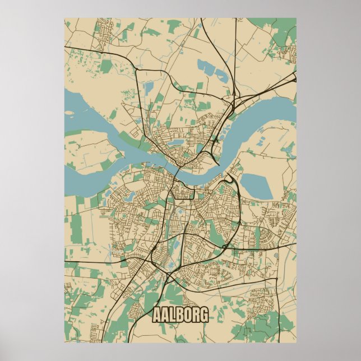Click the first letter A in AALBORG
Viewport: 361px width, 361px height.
point(157,316)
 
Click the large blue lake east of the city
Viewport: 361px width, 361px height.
point(256,185)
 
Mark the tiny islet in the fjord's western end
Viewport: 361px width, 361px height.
point(69,113)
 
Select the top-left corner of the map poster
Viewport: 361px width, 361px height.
point(64,18)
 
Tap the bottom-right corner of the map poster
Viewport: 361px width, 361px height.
point(296,342)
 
